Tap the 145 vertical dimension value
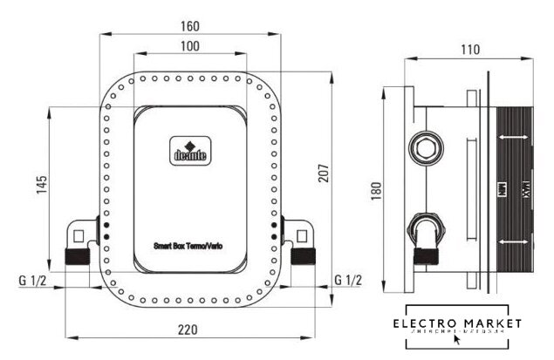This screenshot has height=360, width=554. pyautogui.click(x=41, y=185)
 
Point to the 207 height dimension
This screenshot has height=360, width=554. pyautogui.click(x=346, y=175)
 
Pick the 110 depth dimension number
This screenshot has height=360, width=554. pyautogui.click(x=470, y=51)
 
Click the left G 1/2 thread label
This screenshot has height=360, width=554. pyautogui.click(x=32, y=280)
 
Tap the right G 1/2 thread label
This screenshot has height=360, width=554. pyautogui.click(x=348, y=280)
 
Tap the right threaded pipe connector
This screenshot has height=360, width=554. pyautogui.click(x=304, y=258)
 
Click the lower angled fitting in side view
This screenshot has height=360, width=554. pyautogui.click(x=425, y=233)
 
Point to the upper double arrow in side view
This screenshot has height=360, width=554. pyautogui.click(x=513, y=137)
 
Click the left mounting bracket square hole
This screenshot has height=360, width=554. pyautogui.click(x=79, y=234)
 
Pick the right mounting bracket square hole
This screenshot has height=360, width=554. pyautogui.click(x=301, y=234)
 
